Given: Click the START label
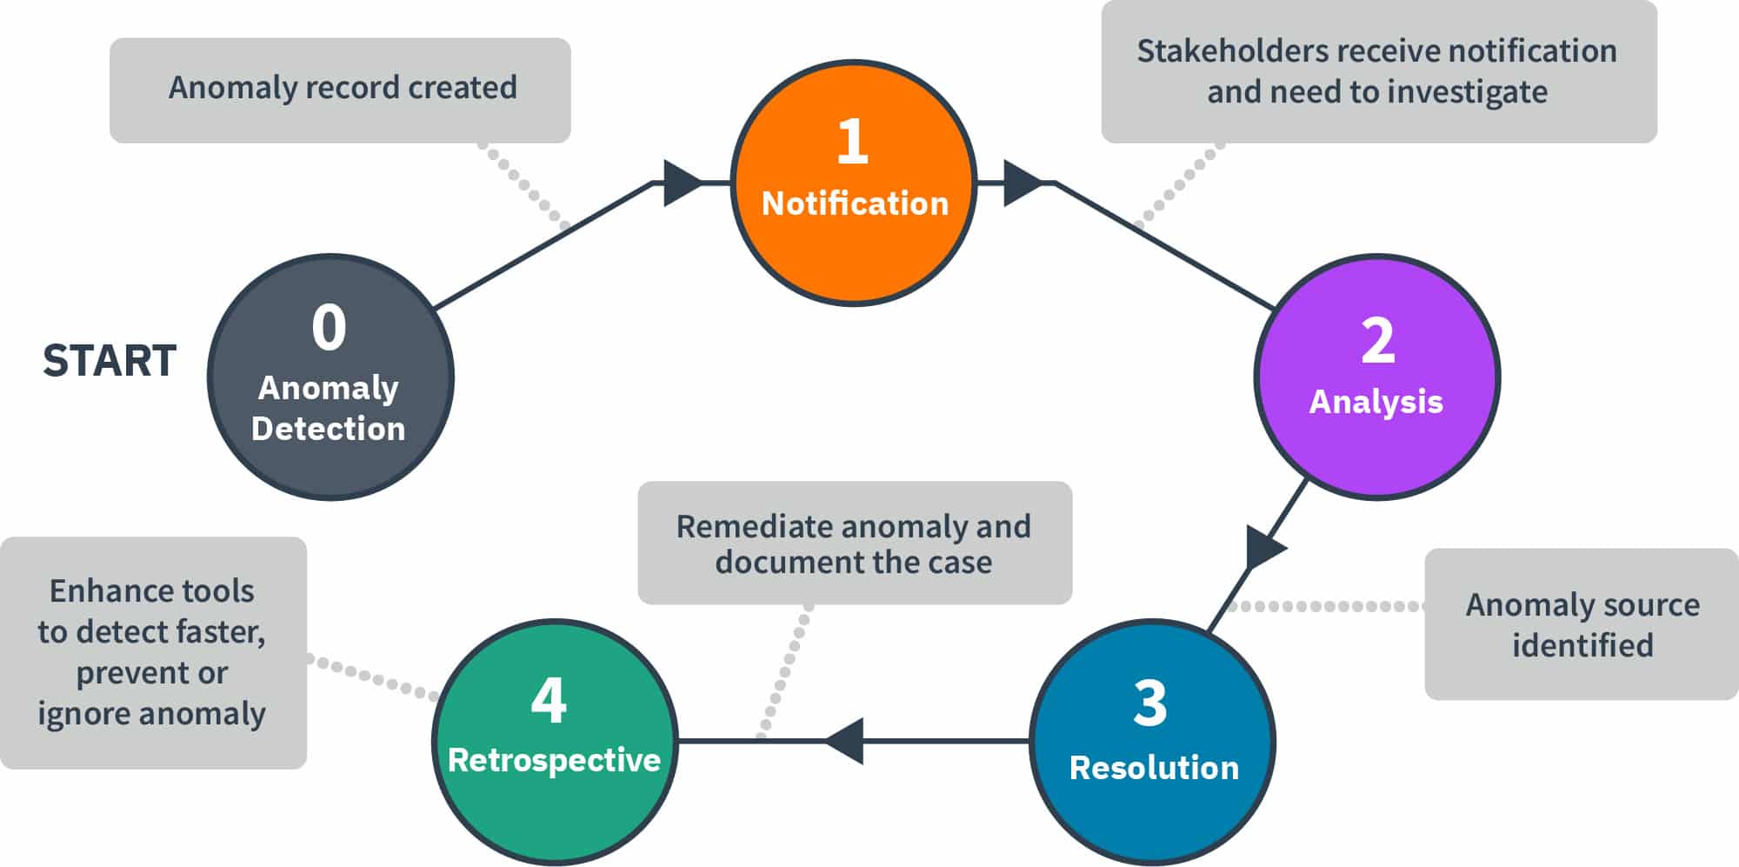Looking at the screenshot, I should [110, 361].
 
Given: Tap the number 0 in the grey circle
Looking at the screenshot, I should [329, 328].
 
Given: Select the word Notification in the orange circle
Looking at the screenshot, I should [855, 203].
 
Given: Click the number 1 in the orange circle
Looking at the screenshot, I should [852, 141].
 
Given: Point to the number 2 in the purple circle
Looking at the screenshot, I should [1377, 340].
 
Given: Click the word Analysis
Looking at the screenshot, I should [1376, 402].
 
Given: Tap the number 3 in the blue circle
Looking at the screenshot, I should [1149, 703].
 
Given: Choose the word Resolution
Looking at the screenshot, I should [1154, 768].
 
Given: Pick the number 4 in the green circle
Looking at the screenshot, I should [549, 700].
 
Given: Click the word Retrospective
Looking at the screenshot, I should [554, 760].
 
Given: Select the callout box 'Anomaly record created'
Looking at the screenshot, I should [340, 89].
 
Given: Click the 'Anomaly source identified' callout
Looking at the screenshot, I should [1581, 624].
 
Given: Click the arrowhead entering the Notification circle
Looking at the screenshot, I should [681, 183].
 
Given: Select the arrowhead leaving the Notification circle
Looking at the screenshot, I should [1021, 183].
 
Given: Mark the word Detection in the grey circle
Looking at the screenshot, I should [328, 429].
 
